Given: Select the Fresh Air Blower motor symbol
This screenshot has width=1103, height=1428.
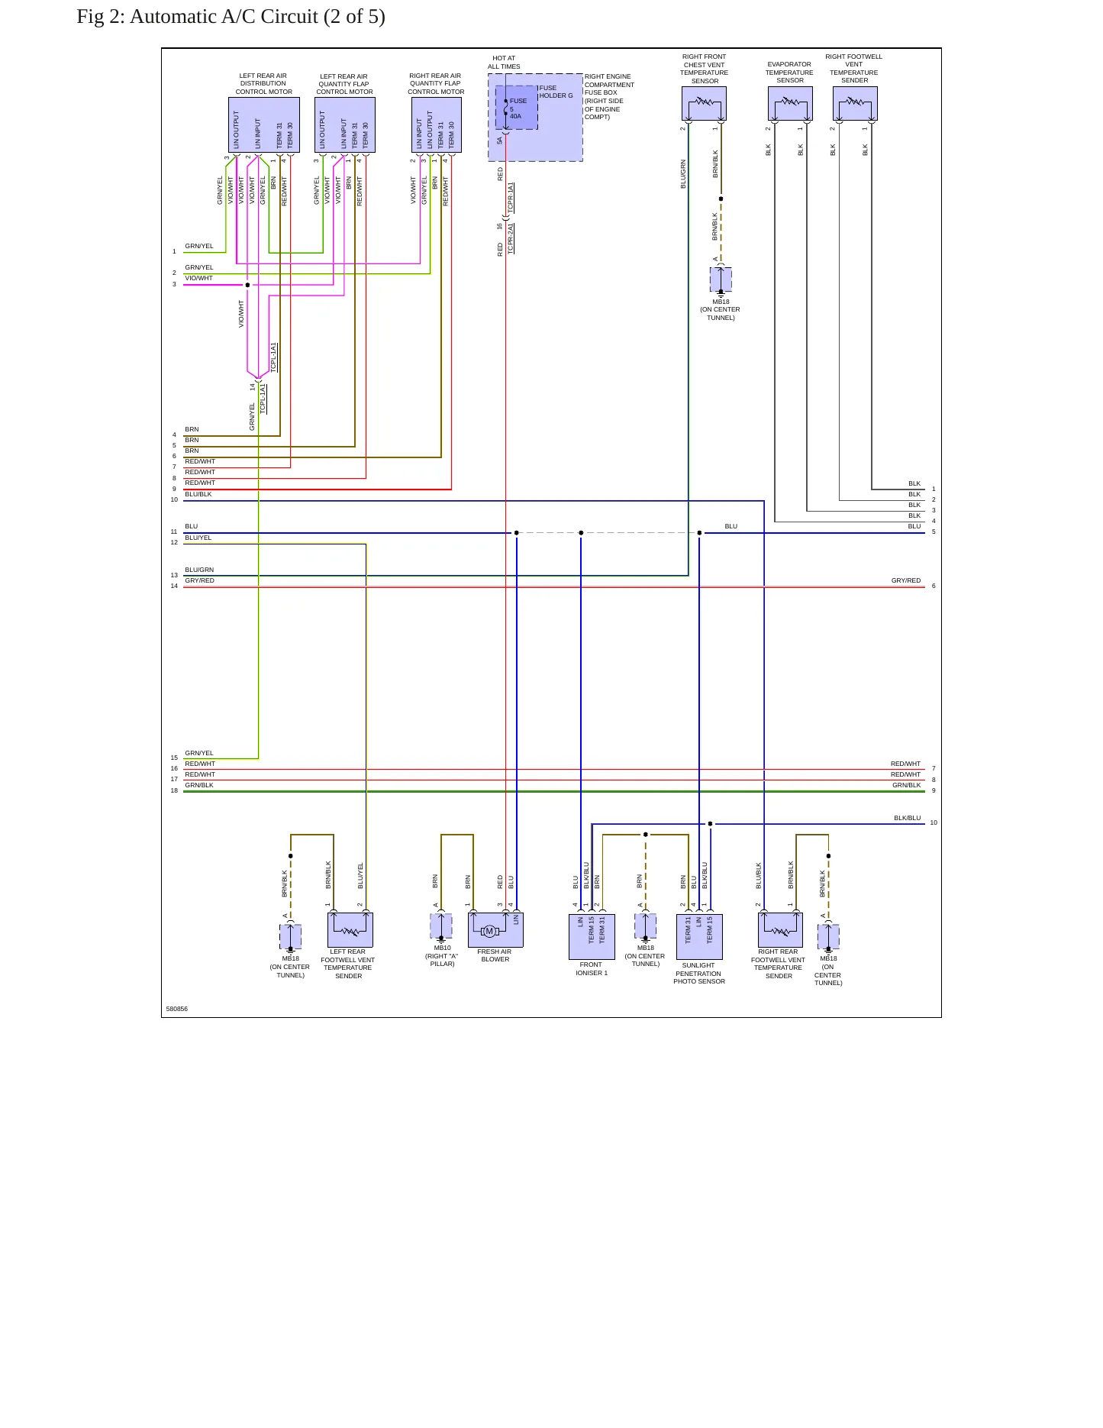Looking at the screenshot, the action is [x=490, y=931].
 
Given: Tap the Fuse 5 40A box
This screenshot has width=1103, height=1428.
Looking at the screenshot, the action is [x=517, y=108].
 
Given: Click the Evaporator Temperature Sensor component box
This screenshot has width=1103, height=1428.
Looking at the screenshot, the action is [x=790, y=104].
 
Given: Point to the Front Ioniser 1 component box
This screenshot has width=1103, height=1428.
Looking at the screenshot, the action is [x=592, y=937].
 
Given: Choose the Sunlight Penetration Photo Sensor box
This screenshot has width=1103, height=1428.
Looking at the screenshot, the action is [x=699, y=937].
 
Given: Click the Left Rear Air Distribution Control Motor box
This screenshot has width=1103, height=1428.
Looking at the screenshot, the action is [x=264, y=125].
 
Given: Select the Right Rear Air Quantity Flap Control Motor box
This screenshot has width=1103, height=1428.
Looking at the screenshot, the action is [x=437, y=125].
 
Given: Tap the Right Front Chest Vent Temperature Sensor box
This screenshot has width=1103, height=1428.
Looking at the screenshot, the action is [x=704, y=104].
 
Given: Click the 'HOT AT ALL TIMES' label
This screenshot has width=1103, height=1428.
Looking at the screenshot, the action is [x=504, y=62].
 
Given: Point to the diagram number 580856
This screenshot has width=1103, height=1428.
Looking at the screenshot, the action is [x=177, y=1009].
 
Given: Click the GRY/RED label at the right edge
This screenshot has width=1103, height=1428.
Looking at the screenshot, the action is [x=906, y=580].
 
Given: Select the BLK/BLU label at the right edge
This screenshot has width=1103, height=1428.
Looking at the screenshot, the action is [x=908, y=818].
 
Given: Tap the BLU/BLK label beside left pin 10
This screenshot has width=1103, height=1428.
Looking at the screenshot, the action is [x=198, y=494].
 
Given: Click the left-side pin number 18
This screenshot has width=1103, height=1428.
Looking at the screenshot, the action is [x=174, y=790].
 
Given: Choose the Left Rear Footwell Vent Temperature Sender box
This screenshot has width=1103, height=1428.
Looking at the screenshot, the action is [x=350, y=930].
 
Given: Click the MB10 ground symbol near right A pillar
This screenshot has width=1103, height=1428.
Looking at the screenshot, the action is [x=441, y=927].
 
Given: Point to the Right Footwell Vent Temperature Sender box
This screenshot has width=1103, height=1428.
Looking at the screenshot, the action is [x=855, y=104].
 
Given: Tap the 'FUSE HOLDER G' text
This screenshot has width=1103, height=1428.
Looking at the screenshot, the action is [x=556, y=92].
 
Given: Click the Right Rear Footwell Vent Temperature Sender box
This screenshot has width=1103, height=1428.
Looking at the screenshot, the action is [x=780, y=930].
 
